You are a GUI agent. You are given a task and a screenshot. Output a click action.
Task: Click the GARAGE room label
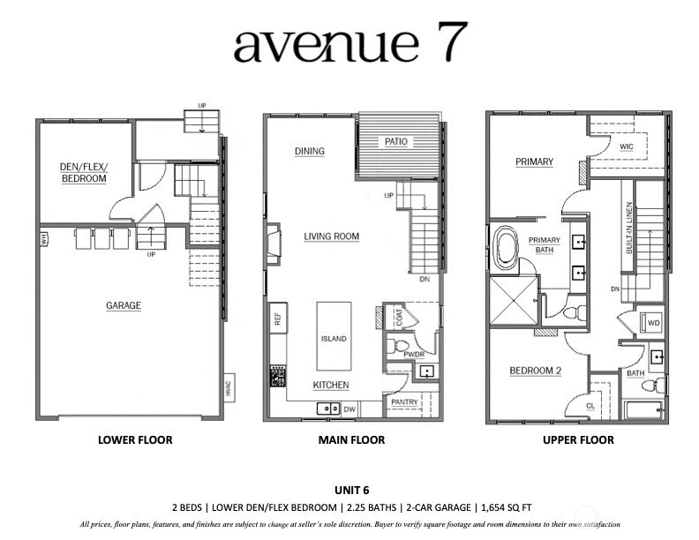124,306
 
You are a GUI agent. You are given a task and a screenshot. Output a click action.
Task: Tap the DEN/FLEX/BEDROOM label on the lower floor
84,172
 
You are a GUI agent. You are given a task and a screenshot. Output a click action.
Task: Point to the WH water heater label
42,237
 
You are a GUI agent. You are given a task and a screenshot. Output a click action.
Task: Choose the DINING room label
309,151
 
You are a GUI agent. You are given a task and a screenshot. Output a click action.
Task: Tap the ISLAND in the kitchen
334,338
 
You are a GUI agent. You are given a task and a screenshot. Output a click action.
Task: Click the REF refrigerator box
277,319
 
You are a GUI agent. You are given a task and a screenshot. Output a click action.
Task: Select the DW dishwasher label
349,409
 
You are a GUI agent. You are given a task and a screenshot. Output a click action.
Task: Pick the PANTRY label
404,402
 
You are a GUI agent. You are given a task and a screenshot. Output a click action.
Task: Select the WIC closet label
627,146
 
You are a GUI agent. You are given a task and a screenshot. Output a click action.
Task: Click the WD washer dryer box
654,322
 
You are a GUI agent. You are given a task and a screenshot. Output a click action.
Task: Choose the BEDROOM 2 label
536,371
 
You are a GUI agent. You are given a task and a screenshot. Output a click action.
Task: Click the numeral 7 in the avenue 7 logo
451,43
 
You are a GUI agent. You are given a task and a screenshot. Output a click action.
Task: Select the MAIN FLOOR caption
349,439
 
